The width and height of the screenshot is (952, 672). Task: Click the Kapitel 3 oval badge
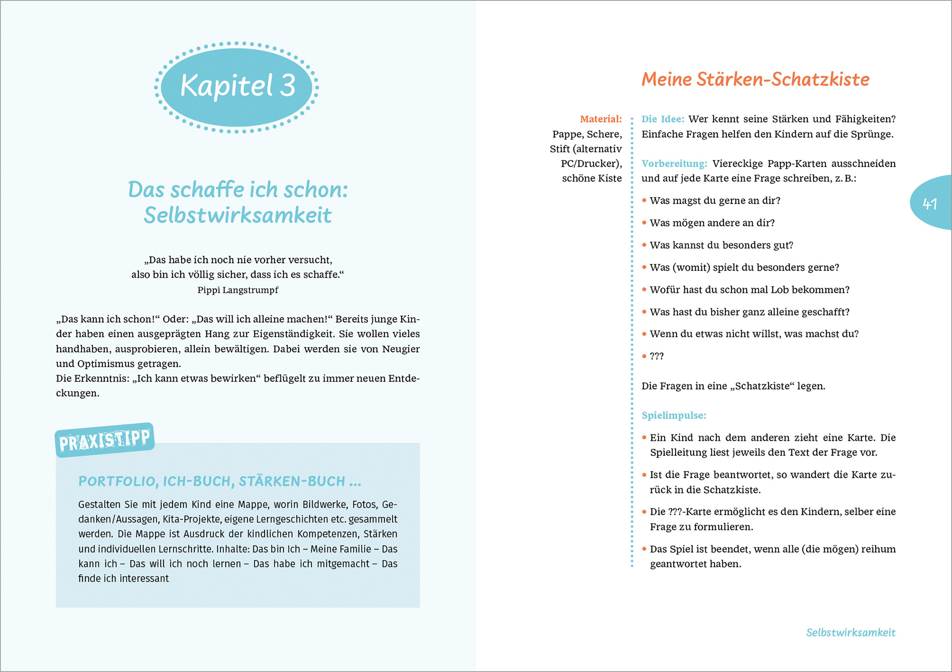click(237, 86)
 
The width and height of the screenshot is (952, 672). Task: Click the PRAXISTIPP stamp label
click(104, 440)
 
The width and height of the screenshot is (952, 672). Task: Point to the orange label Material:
click(601, 119)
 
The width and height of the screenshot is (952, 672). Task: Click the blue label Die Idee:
click(662, 119)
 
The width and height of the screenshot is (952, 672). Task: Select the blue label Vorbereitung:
click(674, 164)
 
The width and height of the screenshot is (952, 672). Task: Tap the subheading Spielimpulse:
click(674, 415)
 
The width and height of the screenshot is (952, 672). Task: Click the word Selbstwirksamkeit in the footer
click(850, 633)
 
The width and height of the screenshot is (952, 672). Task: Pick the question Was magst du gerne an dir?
click(715, 201)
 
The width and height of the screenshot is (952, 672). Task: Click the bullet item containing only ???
click(657, 356)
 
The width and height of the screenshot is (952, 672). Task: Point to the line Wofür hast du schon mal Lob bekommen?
click(749, 290)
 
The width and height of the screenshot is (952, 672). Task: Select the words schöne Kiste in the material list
click(592, 179)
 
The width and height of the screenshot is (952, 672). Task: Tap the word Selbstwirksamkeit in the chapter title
click(238, 215)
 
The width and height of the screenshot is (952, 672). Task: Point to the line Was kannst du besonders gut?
click(721, 245)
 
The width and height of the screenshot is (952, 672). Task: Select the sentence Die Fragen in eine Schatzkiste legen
click(733, 386)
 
